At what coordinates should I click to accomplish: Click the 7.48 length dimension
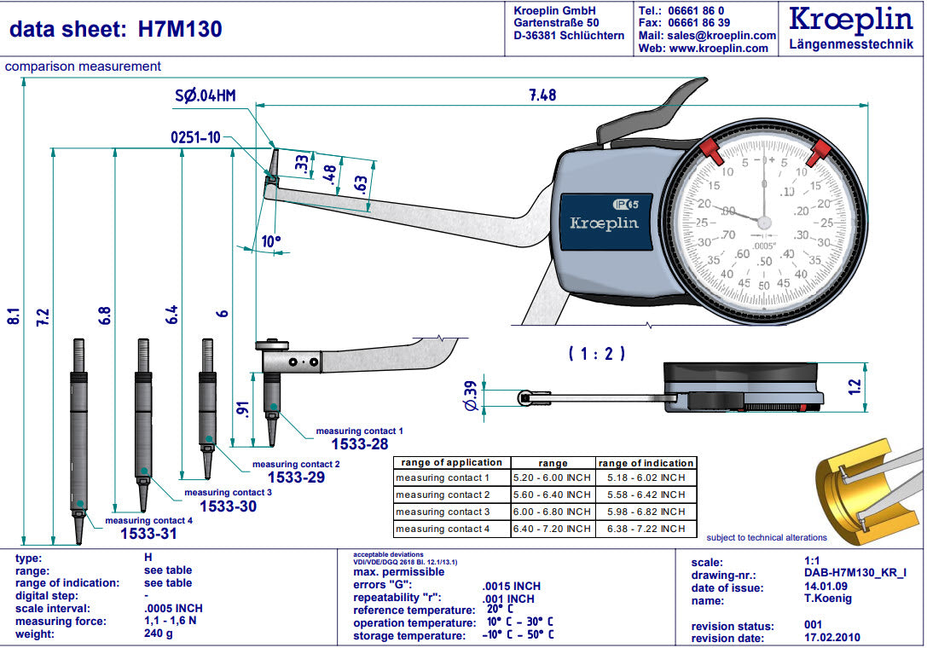pos(542,95)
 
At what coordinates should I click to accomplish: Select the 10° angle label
pos(271,241)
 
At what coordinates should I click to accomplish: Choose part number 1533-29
pos(296,477)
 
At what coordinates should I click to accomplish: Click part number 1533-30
pos(228,506)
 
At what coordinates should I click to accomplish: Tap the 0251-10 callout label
pos(195,137)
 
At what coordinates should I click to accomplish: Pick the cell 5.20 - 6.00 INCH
pos(553,478)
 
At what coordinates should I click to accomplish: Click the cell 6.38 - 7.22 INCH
pos(646,529)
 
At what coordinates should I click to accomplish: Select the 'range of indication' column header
pos(646,463)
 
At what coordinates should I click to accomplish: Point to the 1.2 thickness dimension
pos(855,385)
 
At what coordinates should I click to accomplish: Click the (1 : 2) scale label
pos(597,352)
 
